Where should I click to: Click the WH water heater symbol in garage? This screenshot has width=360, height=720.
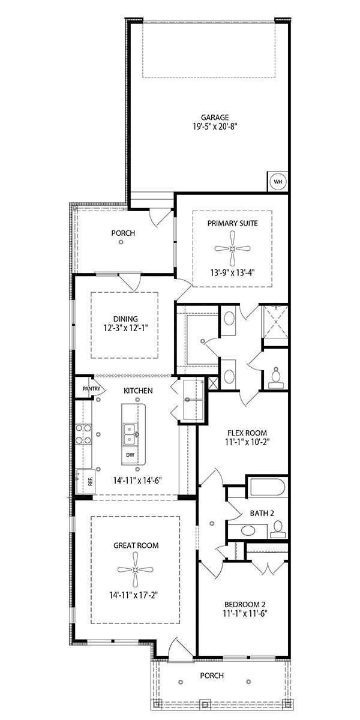[x=278, y=181]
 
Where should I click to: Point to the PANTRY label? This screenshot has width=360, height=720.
[x=92, y=388]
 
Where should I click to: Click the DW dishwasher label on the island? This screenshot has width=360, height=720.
[x=130, y=455]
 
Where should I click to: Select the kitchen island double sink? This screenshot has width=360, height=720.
[x=130, y=433]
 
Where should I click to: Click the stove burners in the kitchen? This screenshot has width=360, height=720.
[x=83, y=434]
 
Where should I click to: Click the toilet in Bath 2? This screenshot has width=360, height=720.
[x=277, y=529]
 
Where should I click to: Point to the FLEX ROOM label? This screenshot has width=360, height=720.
[x=247, y=433]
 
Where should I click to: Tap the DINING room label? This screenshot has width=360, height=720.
[x=125, y=319]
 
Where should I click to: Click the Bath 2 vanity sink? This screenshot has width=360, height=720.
[x=247, y=530]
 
